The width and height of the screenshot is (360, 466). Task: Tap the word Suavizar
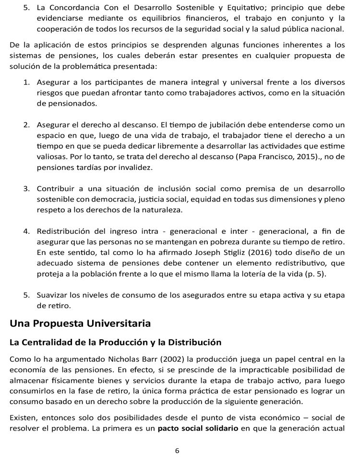[52, 295]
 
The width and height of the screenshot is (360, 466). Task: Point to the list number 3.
[27, 189]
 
